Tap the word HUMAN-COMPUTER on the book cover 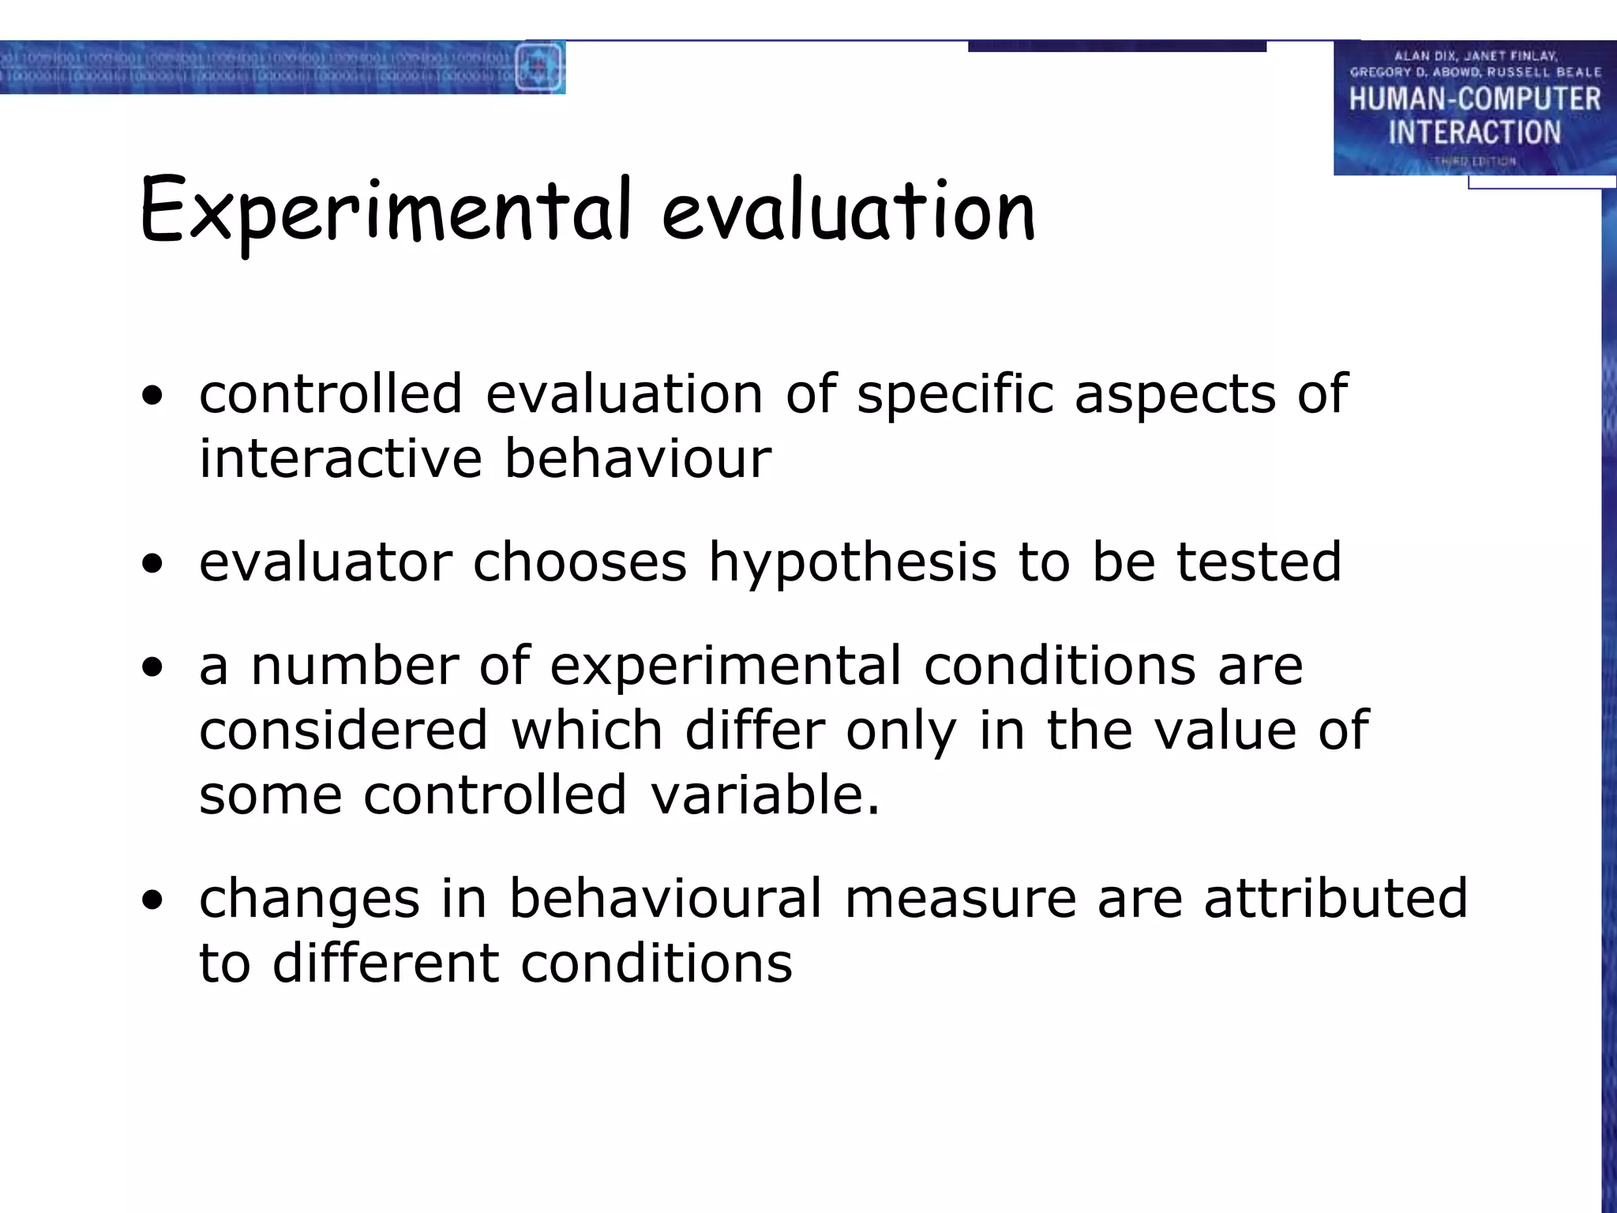coord(1474,100)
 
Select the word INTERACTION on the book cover coord(1474,133)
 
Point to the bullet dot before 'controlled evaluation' coord(152,396)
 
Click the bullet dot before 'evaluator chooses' coord(152,564)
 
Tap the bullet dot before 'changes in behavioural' coord(152,900)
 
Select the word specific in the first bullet coord(955,394)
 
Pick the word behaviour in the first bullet coord(638,459)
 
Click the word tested coord(1259,562)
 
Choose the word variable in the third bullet coord(765,794)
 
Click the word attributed coord(1335,899)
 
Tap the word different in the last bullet coord(385,963)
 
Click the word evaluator coord(325,562)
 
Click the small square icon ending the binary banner coord(539,66)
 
